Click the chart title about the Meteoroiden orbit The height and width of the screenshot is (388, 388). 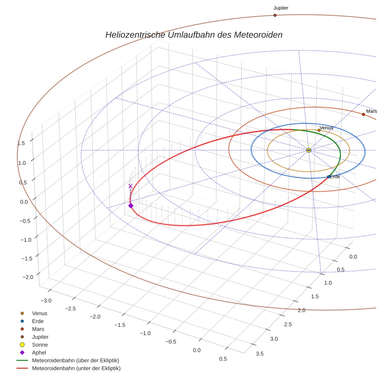pos(194,35)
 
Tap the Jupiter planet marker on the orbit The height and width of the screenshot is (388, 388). pos(275,15)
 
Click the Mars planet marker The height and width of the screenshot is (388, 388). pos(363,114)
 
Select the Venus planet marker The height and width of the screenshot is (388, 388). pos(319,130)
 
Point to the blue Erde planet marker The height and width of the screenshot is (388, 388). pos(328,177)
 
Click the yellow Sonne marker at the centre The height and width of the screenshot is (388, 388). pos(309,150)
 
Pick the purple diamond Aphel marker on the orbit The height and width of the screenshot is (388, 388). pos(131,205)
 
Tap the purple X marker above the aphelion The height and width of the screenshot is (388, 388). pos(131,186)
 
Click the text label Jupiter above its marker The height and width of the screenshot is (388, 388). pos(281,8)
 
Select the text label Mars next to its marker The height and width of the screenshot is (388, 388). pos(371,111)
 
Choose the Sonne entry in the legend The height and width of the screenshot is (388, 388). pos(40,345)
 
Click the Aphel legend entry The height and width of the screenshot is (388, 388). pos(39,353)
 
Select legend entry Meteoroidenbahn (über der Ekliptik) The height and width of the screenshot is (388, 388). pos(75,360)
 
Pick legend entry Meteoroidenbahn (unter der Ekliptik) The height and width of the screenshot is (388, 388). pos(76,368)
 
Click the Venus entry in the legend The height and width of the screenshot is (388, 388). pos(39,313)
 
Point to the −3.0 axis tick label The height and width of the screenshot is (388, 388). pos(45,300)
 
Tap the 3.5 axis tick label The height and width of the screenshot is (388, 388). pos(259,354)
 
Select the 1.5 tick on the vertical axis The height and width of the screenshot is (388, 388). pos(21,143)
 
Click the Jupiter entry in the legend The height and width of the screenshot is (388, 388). pos(40,337)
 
